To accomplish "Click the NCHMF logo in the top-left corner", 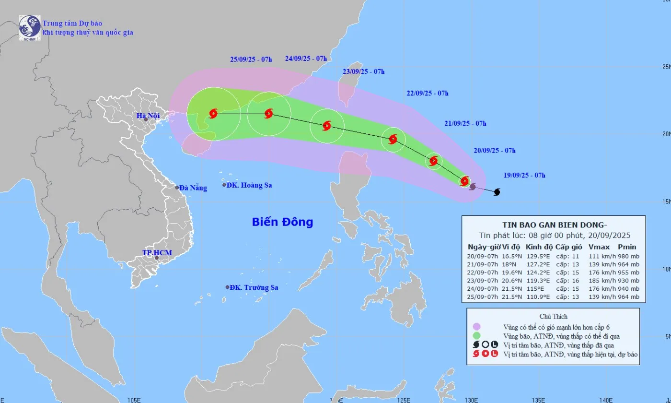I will click(29, 27).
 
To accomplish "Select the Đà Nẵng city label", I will click(194, 188).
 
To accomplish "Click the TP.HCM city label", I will click(157, 252).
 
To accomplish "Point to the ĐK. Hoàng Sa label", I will click(249, 185).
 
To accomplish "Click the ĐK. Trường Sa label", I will click(254, 287).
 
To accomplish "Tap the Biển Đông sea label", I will click(282, 222).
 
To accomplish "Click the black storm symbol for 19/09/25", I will click(497, 192).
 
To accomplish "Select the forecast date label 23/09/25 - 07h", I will click(364, 71).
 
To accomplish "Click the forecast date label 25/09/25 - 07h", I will click(251, 59).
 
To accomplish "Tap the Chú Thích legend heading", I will click(553, 316).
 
